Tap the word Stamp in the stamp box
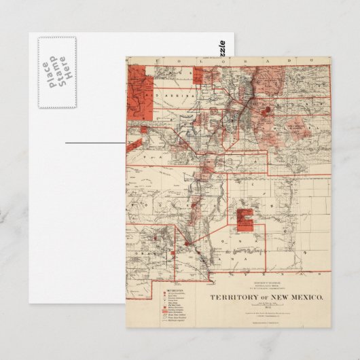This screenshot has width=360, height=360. coord(57,72)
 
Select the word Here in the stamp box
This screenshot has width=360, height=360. coord(65,72)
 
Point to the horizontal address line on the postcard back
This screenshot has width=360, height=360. coord(96,144)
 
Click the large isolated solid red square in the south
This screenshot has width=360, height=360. coord(245,218)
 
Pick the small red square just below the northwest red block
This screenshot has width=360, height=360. coord(143,128)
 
